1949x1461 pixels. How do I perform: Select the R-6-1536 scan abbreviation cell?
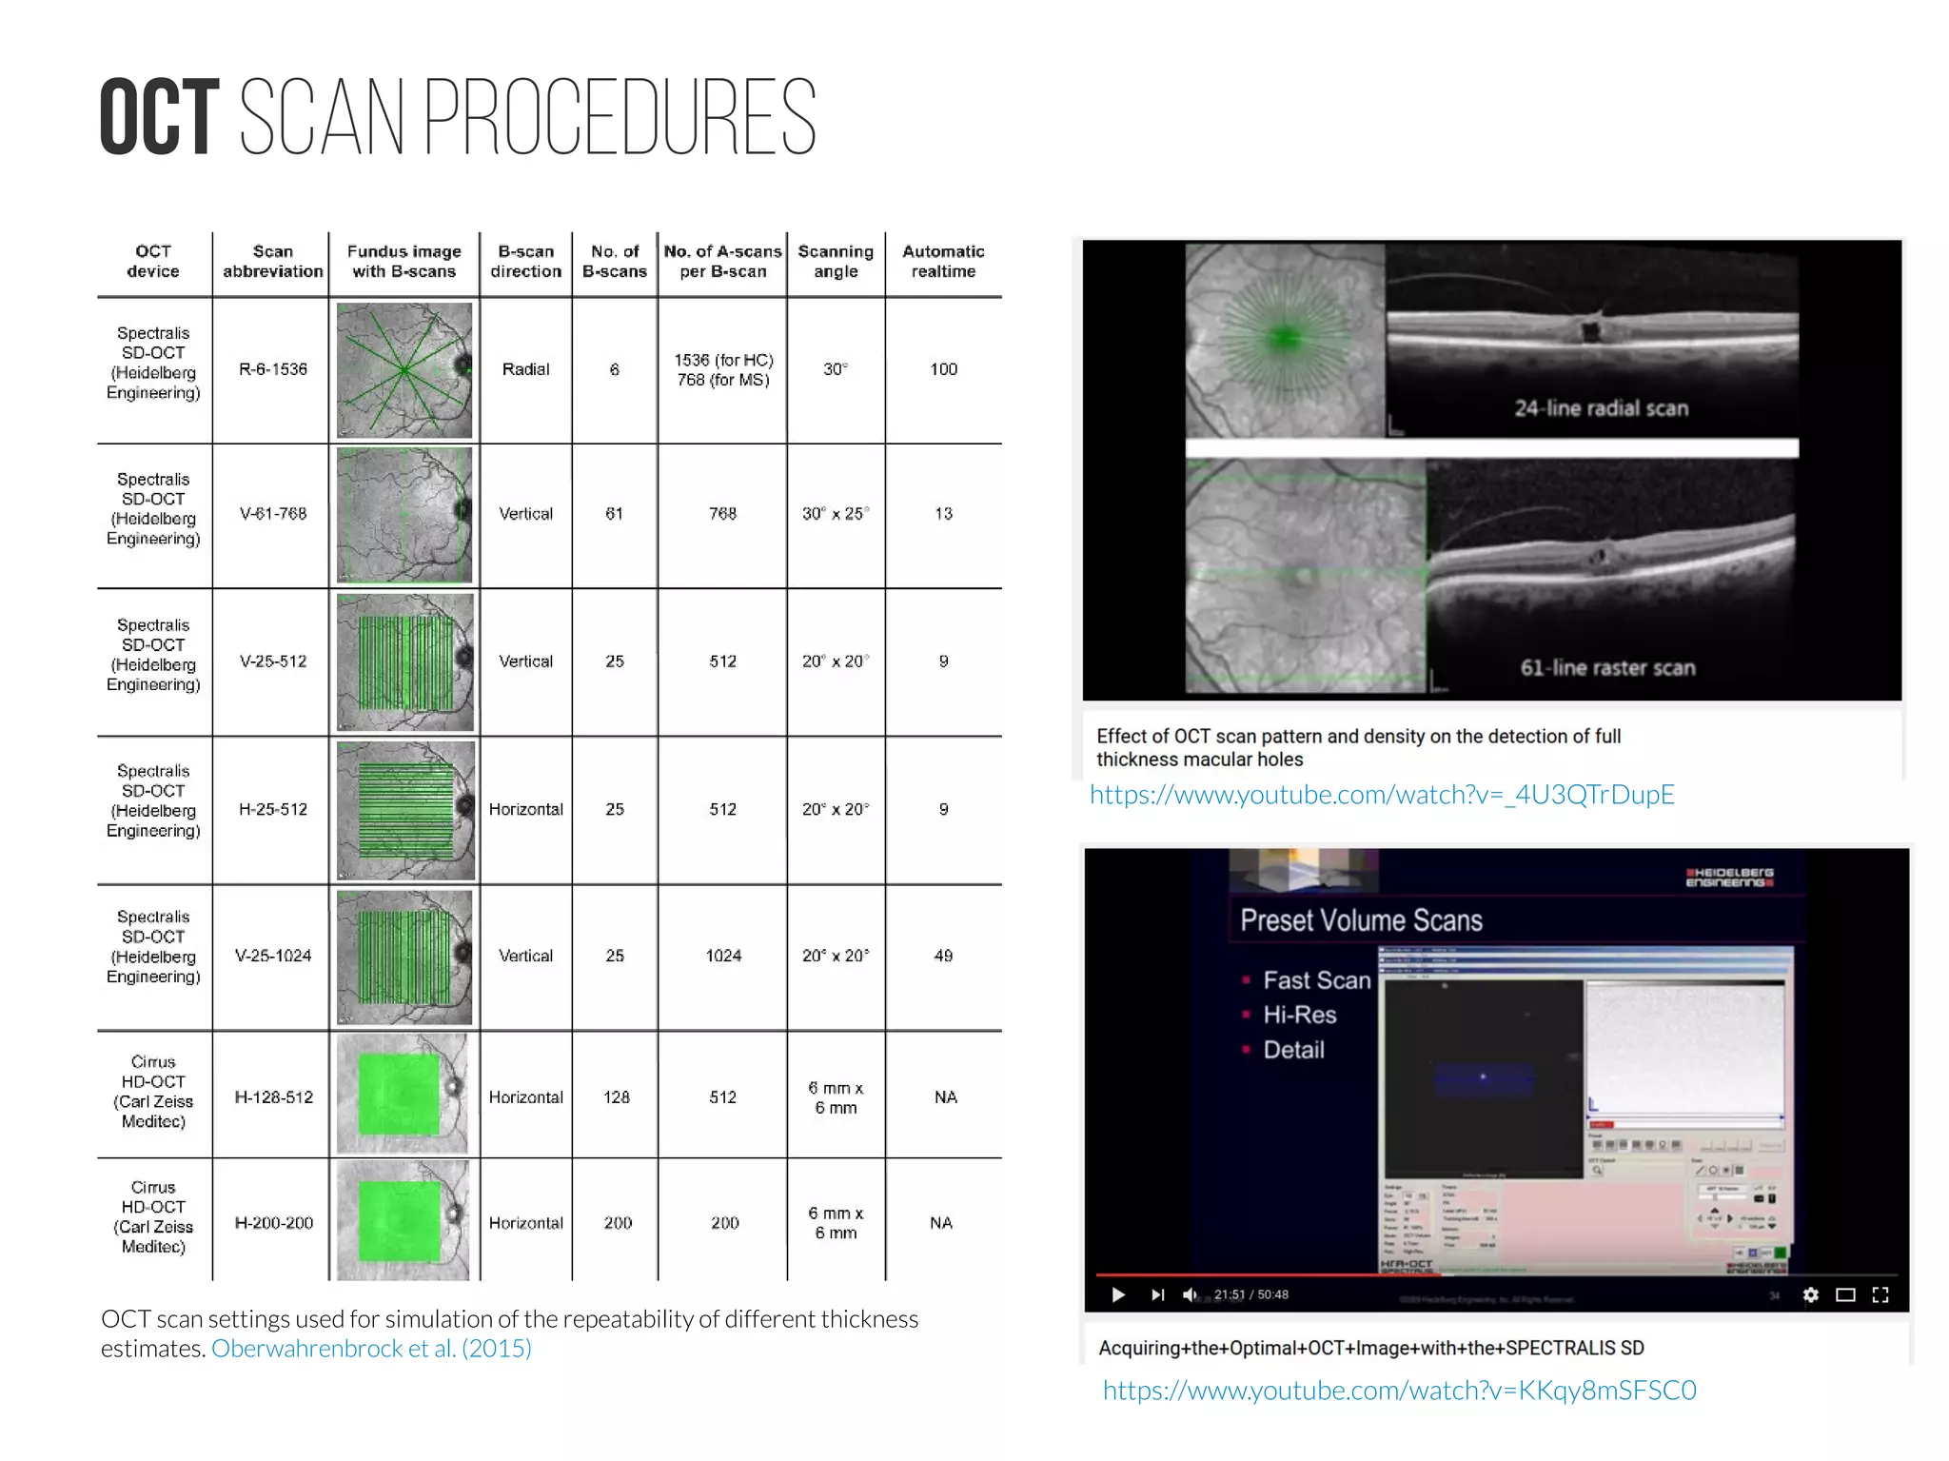273,369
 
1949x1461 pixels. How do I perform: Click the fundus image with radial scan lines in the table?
404,370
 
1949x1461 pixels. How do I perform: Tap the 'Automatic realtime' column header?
943,262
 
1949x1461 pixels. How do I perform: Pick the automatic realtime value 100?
943,369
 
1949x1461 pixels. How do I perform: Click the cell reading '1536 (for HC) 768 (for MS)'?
723,370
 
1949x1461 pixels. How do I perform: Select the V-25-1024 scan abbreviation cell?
273,956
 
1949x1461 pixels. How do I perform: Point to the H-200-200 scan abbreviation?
273,1223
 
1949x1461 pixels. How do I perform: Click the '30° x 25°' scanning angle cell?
836,514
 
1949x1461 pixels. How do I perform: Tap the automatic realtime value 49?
943,956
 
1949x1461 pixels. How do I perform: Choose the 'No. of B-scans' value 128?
616,1097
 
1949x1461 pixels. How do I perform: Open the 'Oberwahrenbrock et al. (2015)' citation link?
371,1349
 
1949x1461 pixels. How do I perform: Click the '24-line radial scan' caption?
1602,408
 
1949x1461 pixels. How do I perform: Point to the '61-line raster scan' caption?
1607,668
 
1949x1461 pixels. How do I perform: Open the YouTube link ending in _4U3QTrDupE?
1382,795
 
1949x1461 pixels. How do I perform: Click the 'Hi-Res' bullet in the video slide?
1299,1016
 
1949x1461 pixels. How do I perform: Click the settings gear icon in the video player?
1810,1294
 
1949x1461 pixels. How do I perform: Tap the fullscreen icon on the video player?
1880,1294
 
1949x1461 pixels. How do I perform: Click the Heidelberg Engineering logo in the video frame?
1729,878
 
